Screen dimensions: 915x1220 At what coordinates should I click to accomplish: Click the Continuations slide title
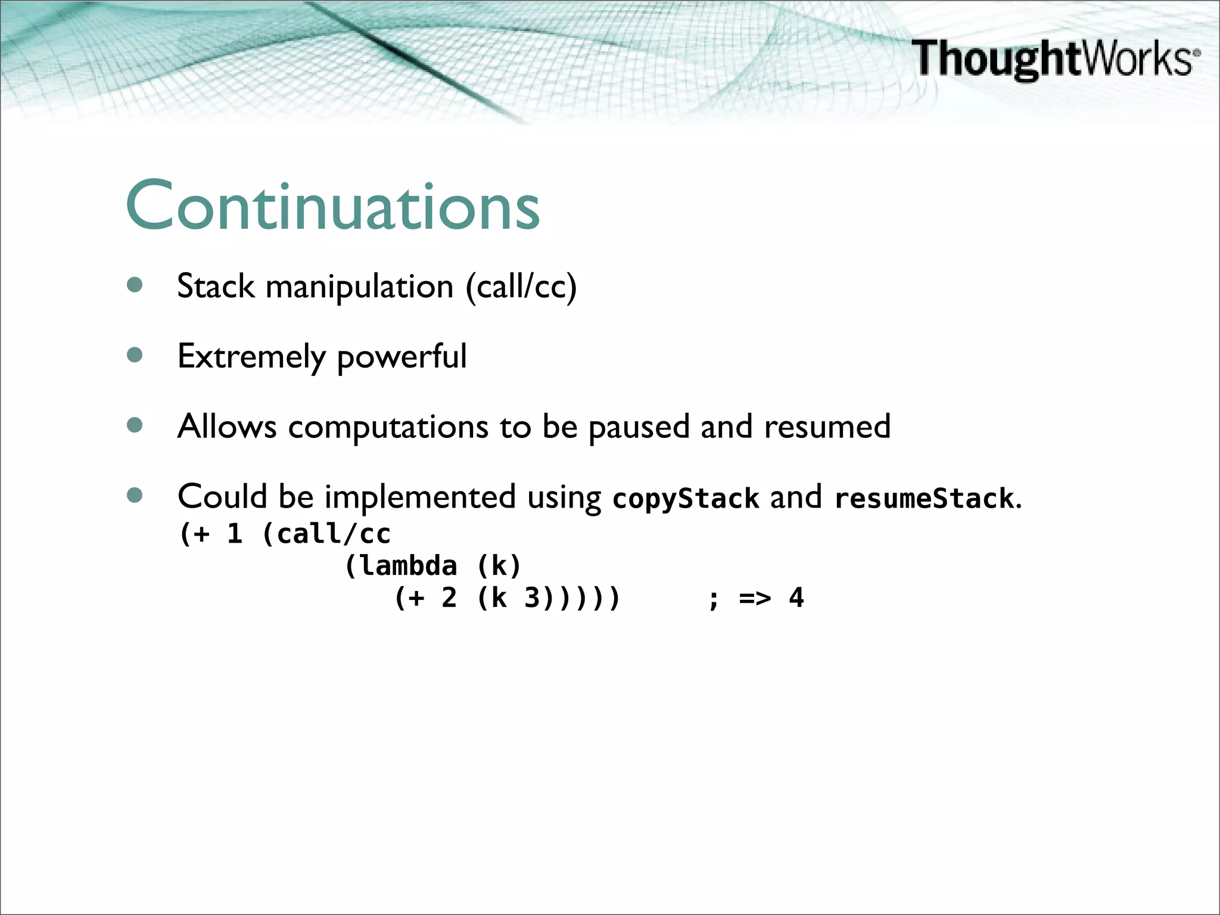click(332, 206)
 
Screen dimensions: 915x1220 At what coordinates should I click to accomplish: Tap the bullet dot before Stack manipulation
click(135, 285)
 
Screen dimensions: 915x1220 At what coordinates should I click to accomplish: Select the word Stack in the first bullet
click(216, 286)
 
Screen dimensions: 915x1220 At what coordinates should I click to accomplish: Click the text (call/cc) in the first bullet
click(521, 287)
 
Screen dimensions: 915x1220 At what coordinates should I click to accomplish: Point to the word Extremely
click(251, 356)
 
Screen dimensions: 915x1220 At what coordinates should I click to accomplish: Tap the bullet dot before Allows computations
click(135, 425)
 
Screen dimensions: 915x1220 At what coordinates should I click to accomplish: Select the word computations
click(388, 427)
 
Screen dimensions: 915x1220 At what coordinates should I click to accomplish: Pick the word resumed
click(827, 427)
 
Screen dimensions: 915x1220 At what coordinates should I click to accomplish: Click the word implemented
click(420, 497)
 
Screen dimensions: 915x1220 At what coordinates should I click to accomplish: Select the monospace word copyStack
click(686, 498)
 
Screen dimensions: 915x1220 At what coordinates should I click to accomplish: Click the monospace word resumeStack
click(923, 498)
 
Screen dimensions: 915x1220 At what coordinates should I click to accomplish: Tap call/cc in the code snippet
click(333, 534)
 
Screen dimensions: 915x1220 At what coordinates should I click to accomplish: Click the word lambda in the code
click(409, 566)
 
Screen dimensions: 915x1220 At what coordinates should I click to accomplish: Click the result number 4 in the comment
click(796, 598)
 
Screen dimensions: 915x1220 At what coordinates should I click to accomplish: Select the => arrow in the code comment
click(755, 598)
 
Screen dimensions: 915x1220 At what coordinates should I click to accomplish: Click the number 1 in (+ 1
click(235, 534)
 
